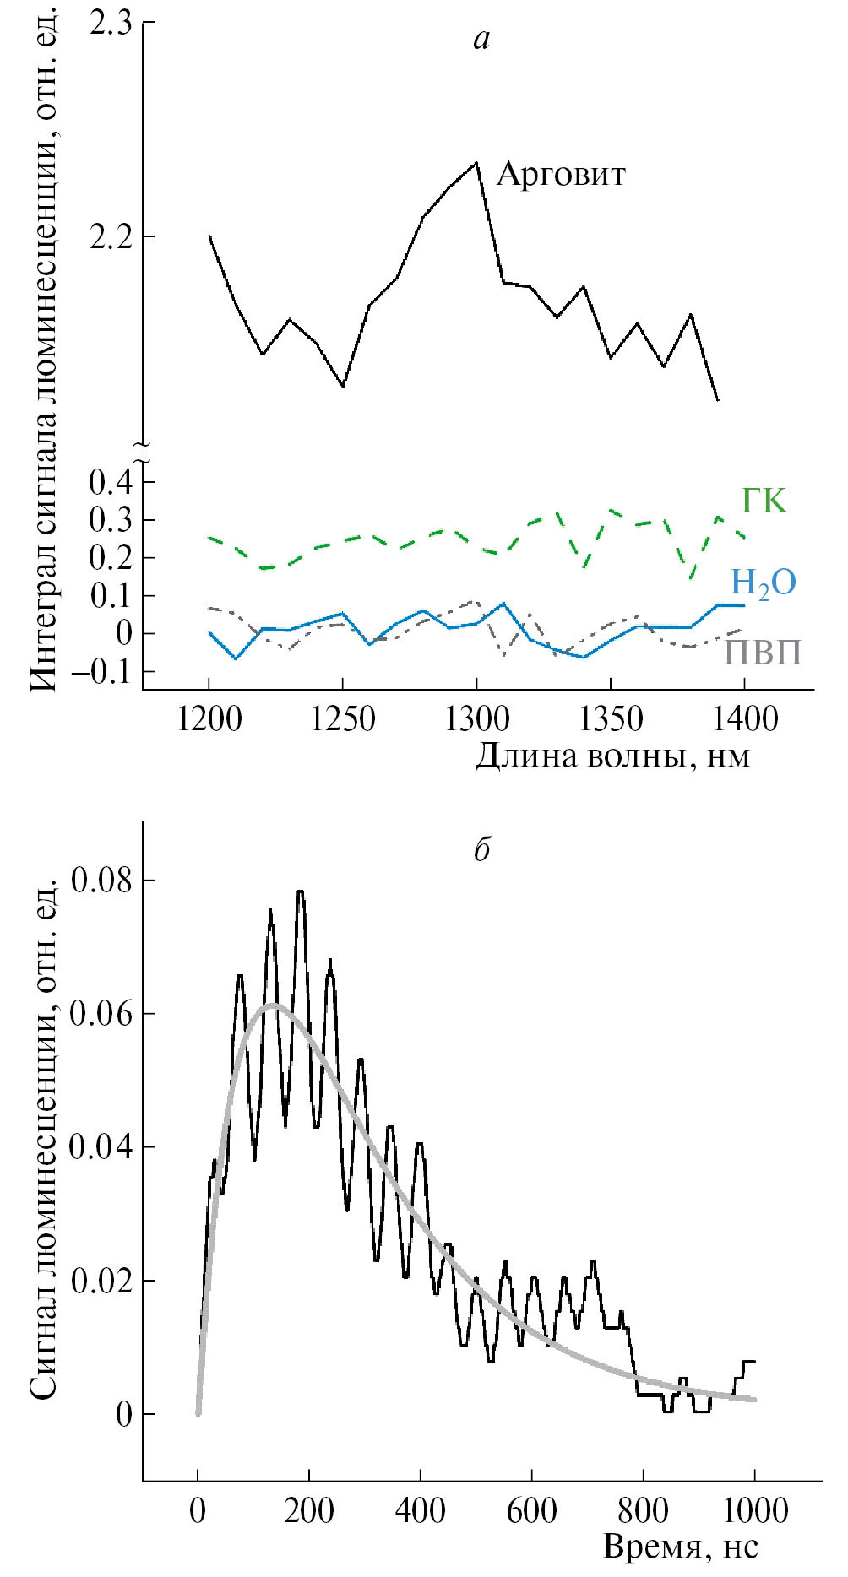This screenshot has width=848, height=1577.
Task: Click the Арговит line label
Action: click(561, 175)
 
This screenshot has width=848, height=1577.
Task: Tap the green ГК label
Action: click(764, 501)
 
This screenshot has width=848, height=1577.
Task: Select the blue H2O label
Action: click(763, 583)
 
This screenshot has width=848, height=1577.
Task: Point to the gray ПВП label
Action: click(763, 653)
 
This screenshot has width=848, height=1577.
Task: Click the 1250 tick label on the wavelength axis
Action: click(342, 721)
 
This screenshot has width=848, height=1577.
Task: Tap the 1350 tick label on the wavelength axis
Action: click(610, 721)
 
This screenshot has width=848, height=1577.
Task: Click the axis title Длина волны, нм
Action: click(612, 756)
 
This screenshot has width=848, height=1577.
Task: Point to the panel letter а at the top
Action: click(481, 39)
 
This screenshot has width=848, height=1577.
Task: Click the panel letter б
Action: click(481, 849)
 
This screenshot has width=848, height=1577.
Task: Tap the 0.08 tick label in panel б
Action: click(101, 881)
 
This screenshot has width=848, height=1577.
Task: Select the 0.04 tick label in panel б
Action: click(101, 1148)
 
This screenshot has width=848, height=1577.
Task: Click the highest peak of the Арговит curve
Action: click(476, 163)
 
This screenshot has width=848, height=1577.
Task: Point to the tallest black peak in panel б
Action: click(300, 891)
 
